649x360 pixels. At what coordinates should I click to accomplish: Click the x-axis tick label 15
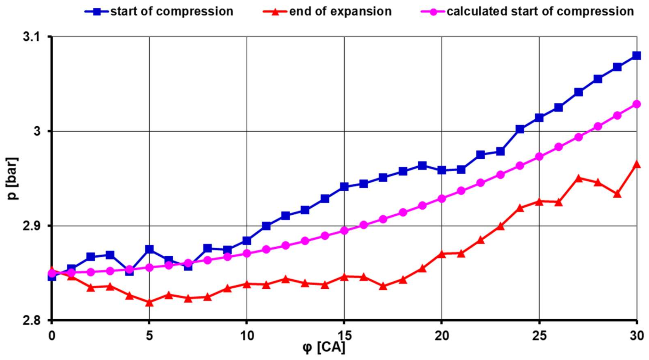click(x=344, y=336)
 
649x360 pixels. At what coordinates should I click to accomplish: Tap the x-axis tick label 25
click(x=539, y=336)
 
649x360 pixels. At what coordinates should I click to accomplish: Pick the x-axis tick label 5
click(x=149, y=336)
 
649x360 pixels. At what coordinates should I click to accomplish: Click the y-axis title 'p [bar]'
click(x=12, y=178)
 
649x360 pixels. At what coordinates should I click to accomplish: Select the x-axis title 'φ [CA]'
click(x=324, y=348)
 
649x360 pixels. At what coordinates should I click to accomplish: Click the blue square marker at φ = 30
click(x=636, y=56)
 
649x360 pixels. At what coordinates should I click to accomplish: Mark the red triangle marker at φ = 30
click(x=636, y=165)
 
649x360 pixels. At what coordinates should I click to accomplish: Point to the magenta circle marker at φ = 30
click(x=636, y=104)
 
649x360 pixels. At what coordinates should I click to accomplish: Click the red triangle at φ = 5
click(x=149, y=302)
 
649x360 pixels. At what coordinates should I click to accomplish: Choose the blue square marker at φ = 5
click(x=149, y=249)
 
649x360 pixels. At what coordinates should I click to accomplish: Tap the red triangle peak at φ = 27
click(x=578, y=179)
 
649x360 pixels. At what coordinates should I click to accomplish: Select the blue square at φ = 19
click(x=422, y=166)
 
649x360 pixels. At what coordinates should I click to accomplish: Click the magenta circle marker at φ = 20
click(x=442, y=199)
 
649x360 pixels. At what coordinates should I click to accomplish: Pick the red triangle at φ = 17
click(x=383, y=286)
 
